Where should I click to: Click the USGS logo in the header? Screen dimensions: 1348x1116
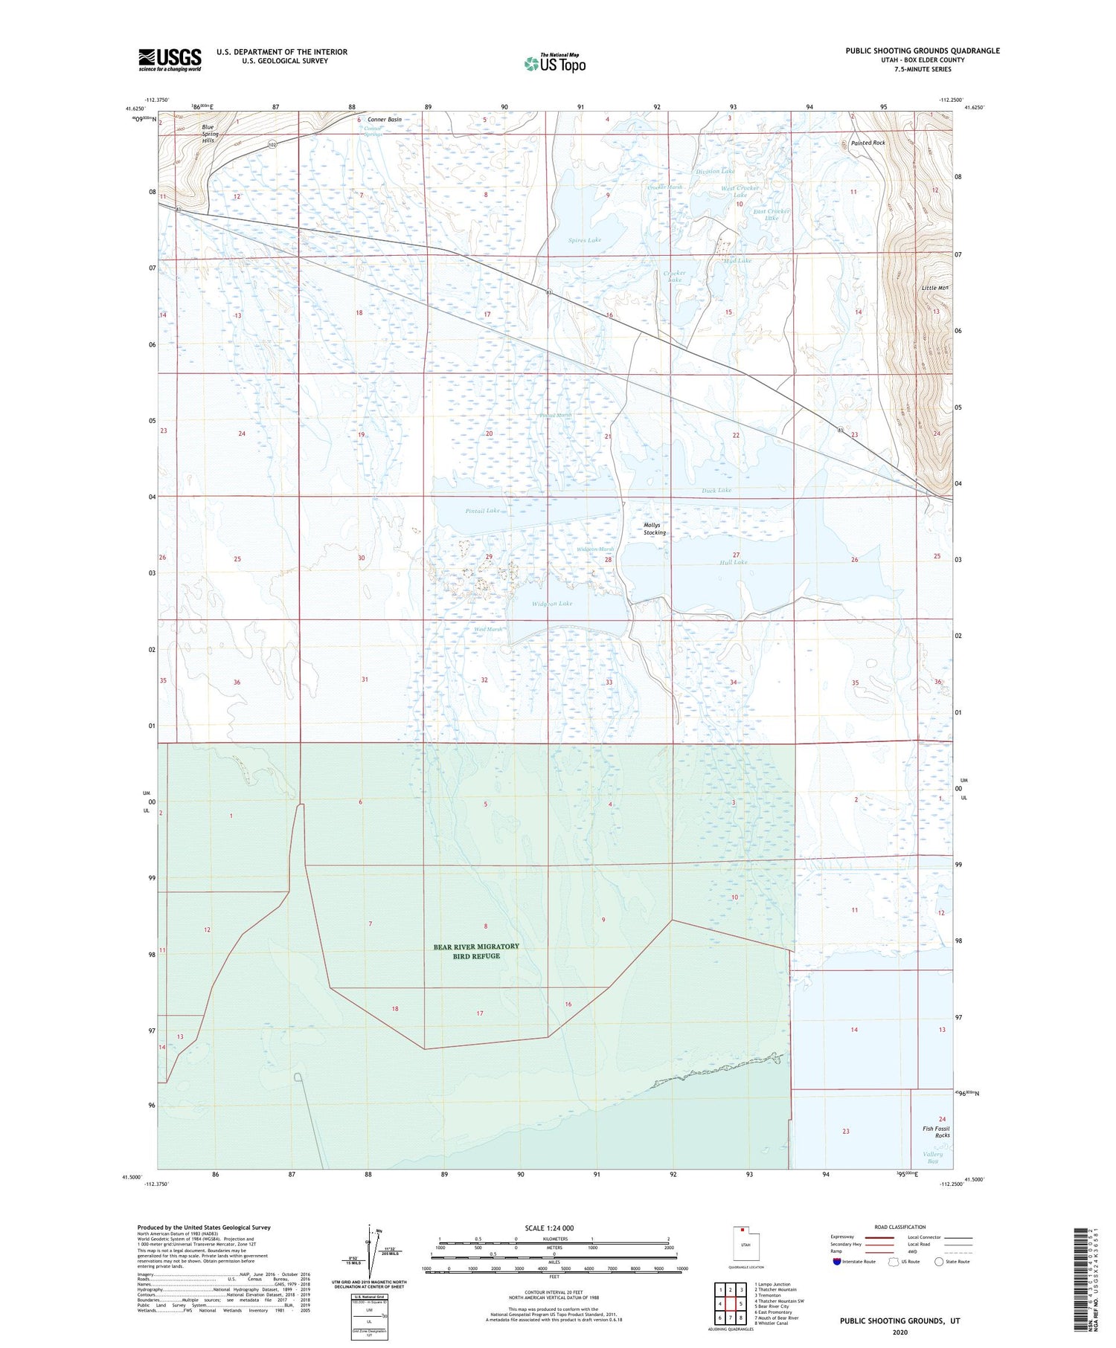point(170,59)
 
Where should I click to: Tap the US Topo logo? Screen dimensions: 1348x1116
point(555,64)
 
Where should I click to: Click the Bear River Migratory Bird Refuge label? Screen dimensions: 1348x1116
point(476,951)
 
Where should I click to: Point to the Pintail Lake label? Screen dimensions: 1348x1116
point(483,511)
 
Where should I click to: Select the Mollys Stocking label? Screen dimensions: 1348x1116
point(655,529)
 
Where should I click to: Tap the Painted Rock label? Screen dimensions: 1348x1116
point(868,143)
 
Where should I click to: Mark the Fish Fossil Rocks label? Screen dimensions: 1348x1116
point(936,1132)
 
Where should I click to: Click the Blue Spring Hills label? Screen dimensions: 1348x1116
point(208,134)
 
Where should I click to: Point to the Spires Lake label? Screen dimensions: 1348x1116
point(585,240)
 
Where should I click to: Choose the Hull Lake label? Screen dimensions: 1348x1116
point(733,562)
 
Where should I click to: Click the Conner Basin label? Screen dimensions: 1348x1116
point(385,120)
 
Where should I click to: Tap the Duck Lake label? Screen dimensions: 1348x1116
point(717,490)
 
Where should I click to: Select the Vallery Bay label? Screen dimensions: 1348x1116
point(932,1157)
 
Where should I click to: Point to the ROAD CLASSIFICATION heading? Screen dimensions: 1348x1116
point(900,1227)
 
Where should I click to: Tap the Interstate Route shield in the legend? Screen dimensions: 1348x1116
point(837,1262)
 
